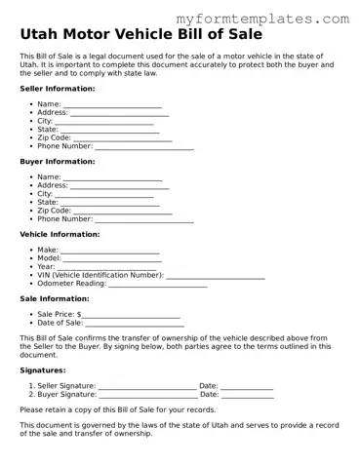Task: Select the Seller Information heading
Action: tap(58, 88)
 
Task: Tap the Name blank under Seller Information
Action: tap(112, 104)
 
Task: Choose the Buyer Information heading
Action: tap(58, 161)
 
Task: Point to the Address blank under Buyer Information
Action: tap(120, 186)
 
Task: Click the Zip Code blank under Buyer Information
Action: tap(123, 212)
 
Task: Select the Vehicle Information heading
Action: tap(60, 234)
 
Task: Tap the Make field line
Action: tap(110, 252)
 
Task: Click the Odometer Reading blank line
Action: tap(158, 285)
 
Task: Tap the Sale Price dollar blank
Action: tap(131, 316)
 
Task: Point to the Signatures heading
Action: tap(43, 370)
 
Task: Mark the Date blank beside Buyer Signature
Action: tap(247, 396)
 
